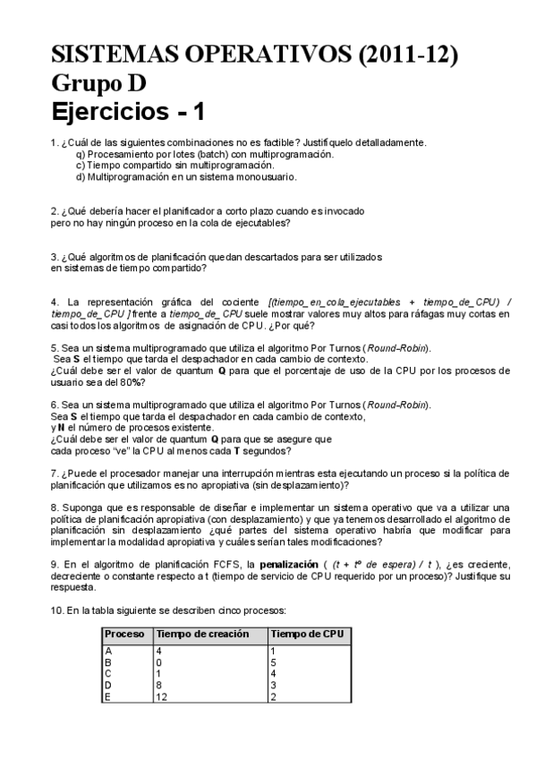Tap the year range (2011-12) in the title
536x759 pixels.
click(x=408, y=55)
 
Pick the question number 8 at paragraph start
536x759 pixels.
click(x=55, y=507)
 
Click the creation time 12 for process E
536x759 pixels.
click(x=162, y=696)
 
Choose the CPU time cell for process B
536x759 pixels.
click(x=273, y=661)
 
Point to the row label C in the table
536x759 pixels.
click(x=108, y=673)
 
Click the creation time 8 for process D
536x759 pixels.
click(x=159, y=685)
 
